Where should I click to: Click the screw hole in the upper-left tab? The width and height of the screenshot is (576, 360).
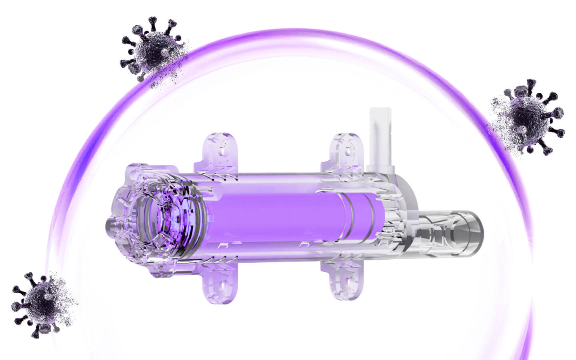pyautogui.click(x=221, y=152)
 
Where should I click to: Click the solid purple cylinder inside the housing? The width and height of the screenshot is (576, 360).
pyautogui.click(x=280, y=218)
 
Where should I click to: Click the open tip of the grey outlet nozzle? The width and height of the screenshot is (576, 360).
pyautogui.click(x=480, y=234)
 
